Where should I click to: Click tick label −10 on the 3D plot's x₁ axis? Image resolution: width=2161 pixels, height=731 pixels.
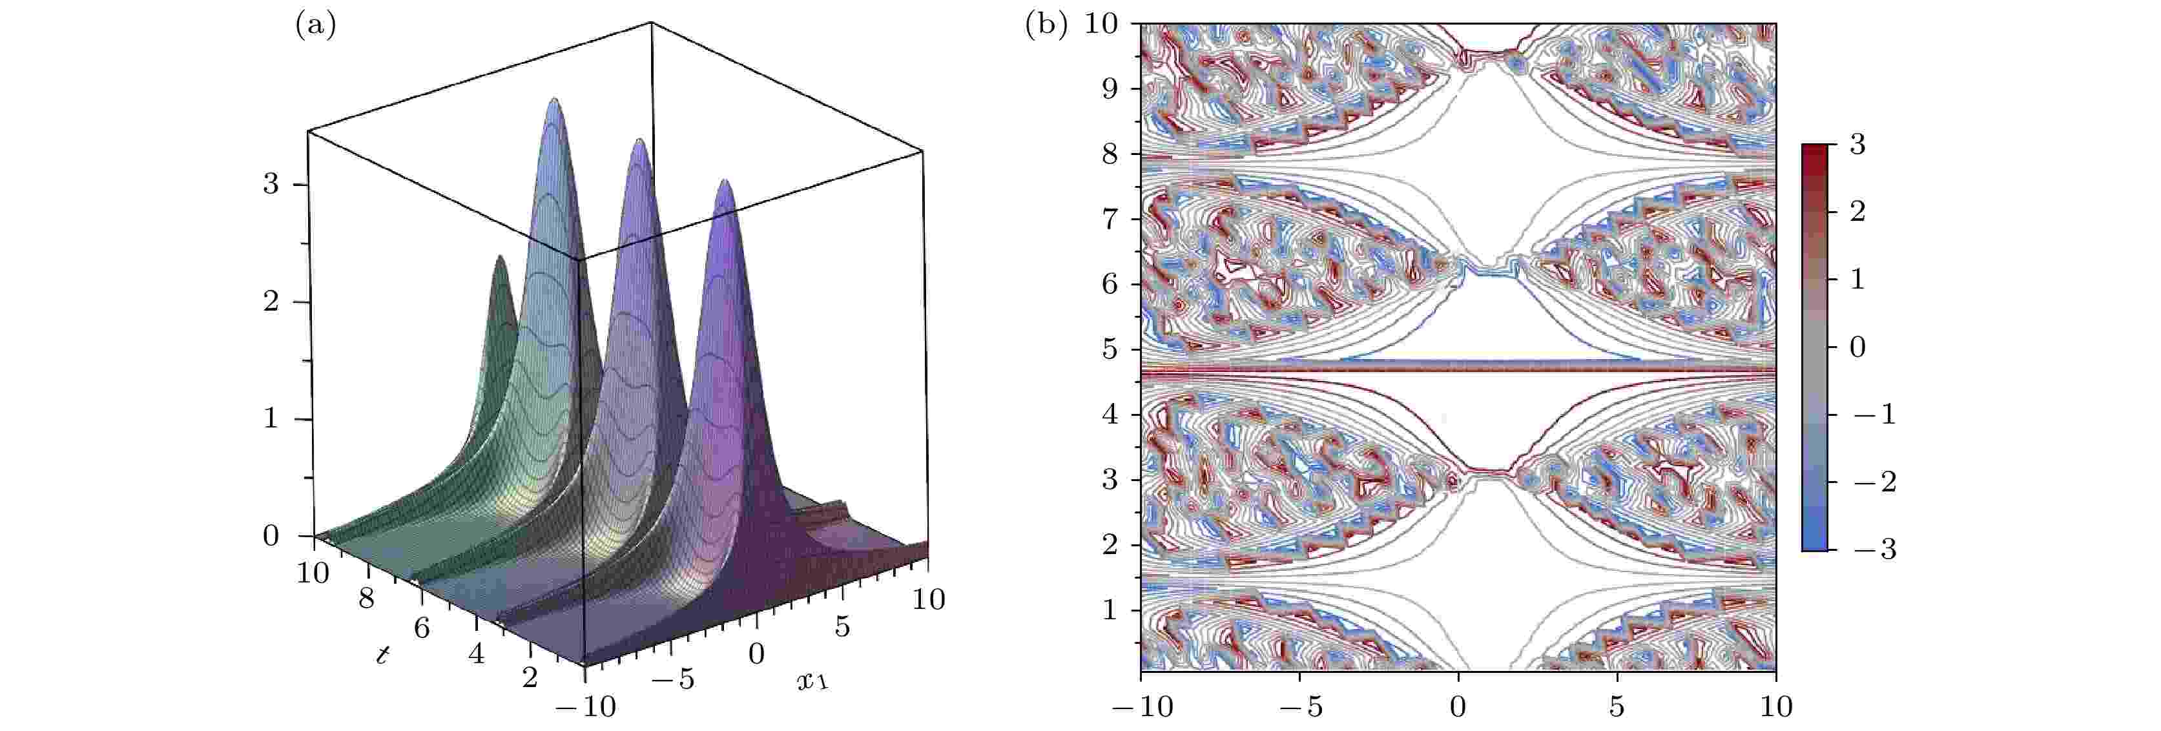586,706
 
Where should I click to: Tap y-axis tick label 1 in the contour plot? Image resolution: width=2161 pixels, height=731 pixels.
1110,610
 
